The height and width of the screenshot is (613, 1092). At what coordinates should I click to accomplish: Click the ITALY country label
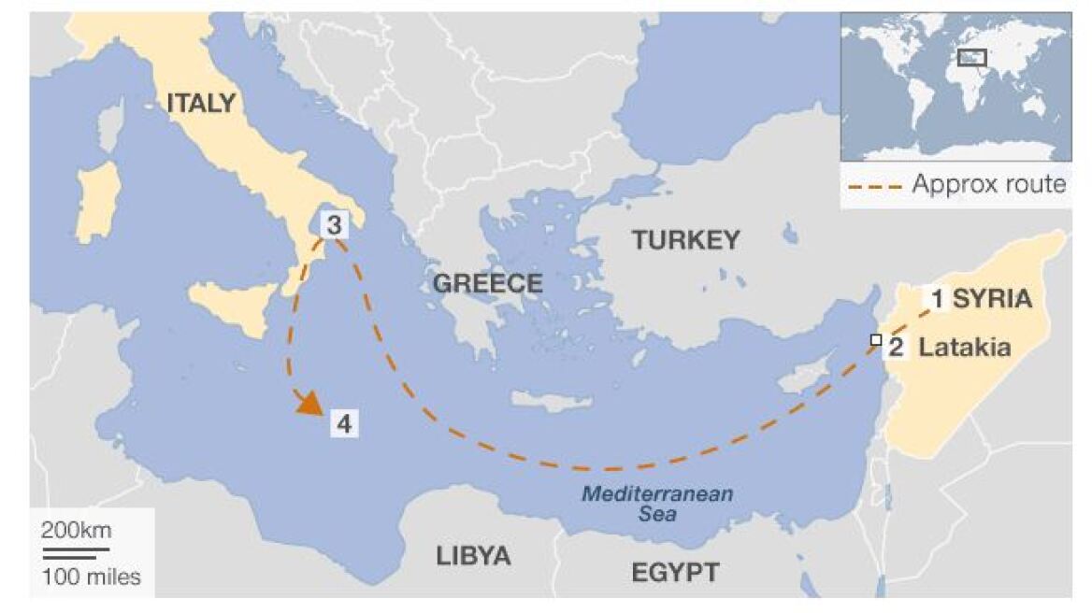(201, 104)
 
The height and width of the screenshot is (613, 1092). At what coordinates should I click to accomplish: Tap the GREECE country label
(487, 283)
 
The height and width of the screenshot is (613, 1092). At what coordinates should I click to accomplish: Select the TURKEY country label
(685, 240)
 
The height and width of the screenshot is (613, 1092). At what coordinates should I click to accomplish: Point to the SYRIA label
(992, 299)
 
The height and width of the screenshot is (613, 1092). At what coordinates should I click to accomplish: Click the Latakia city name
(965, 348)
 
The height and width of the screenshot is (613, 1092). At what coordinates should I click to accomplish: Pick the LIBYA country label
(473, 556)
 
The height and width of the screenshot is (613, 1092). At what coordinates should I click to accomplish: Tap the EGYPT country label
(675, 572)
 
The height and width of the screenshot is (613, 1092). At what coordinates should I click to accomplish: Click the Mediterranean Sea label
(657, 504)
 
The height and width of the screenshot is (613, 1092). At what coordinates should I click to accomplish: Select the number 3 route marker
(334, 225)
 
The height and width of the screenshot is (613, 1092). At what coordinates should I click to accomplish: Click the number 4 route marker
(344, 424)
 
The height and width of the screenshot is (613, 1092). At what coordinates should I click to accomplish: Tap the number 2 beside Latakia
(896, 349)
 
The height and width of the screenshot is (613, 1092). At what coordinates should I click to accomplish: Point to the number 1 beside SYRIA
(937, 299)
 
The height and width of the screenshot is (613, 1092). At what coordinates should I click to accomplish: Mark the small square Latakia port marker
(876, 340)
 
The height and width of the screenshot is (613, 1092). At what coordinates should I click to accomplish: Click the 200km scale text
(76, 531)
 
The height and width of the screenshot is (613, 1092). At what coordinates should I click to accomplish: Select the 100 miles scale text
(92, 577)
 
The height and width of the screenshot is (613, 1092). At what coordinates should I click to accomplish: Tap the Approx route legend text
(988, 184)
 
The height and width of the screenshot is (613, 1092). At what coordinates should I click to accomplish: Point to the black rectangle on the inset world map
(972, 58)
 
